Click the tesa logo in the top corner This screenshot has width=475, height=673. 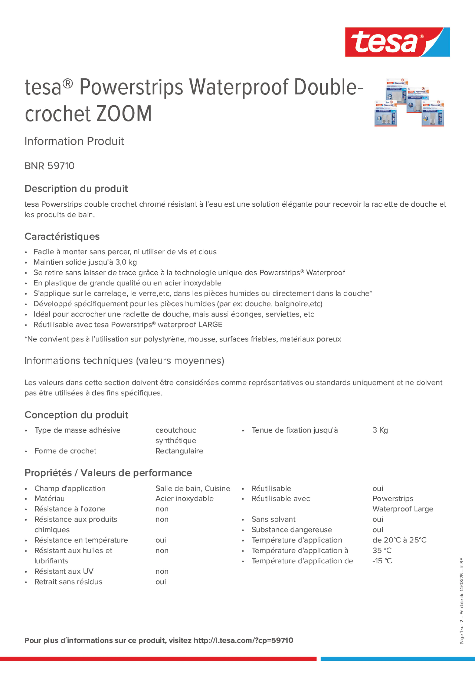pyautogui.click(x=397, y=42)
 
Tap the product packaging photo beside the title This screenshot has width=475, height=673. pyautogui.click(x=409, y=102)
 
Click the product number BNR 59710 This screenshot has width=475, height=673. pyautogui.click(x=50, y=166)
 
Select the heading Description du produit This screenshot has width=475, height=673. pyautogui.click(x=76, y=188)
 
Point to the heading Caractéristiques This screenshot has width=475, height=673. pyautogui.click(x=62, y=236)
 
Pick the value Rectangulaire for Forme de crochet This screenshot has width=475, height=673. pyautogui.click(x=179, y=451)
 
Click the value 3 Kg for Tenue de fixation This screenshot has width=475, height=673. pyautogui.click(x=380, y=430)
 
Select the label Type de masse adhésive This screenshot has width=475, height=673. pyautogui.click(x=78, y=430)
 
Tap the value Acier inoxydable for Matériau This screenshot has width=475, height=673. pyautogui.click(x=185, y=498)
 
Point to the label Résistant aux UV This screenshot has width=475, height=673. pyautogui.click(x=64, y=571)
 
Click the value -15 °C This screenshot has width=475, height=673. pyautogui.click(x=382, y=561)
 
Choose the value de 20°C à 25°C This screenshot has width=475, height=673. pyautogui.click(x=399, y=540)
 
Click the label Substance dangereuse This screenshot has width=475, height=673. pyautogui.click(x=292, y=530)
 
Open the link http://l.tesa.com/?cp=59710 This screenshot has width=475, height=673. pyautogui.click(x=243, y=640)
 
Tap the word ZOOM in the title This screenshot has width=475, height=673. pyautogui.click(x=124, y=114)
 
